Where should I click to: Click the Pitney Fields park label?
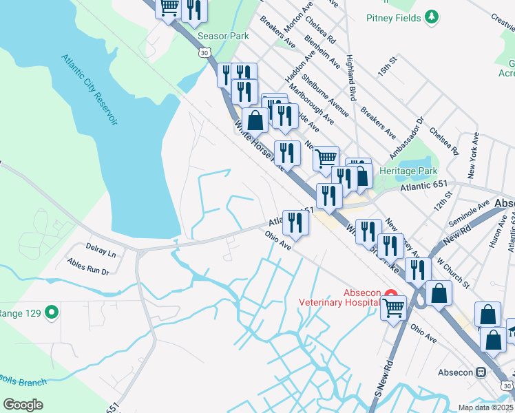393,17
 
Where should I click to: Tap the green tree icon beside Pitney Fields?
432,17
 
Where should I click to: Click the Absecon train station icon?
481,372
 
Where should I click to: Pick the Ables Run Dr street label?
87,266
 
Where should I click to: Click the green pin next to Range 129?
51,313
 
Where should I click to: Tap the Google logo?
23,405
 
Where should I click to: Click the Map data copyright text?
485,407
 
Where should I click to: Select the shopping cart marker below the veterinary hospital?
393,307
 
